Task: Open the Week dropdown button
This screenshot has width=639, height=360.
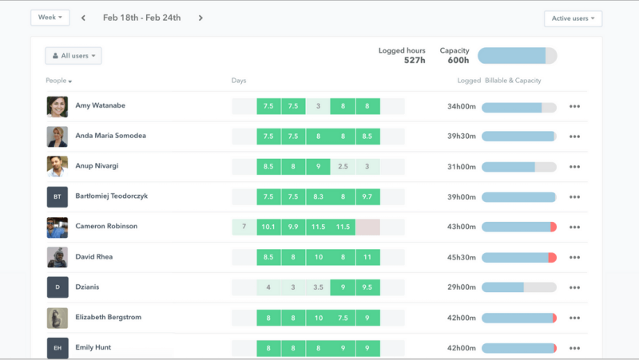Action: tap(50, 18)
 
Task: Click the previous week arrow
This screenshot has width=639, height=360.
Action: tap(83, 18)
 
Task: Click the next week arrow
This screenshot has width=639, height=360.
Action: tap(200, 18)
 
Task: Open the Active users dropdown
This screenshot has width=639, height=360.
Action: tap(573, 18)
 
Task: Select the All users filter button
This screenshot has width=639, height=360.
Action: tap(73, 56)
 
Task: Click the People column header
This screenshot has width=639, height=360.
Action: tap(59, 81)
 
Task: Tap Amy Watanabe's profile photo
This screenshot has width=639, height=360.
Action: tap(57, 106)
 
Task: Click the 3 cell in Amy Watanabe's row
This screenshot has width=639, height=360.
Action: tap(318, 106)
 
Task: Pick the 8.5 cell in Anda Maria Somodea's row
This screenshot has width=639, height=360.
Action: tap(367, 136)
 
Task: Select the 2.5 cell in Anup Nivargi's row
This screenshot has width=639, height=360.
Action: tap(343, 167)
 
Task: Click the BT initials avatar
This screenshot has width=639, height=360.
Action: tap(57, 196)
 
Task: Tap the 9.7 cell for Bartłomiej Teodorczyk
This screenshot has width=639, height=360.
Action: tap(367, 196)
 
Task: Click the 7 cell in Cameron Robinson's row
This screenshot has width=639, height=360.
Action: tap(244, 227)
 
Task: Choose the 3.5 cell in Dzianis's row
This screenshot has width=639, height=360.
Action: tap(318, 287)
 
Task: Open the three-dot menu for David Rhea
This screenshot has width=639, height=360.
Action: tap(574, 257)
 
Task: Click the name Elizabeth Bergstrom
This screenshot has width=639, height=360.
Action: tap(108, 317)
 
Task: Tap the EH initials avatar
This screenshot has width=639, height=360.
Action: tap(57, 348)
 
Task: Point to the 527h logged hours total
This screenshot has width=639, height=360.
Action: tap(415, 60)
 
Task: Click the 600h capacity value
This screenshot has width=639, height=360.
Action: tap(458, 60)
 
